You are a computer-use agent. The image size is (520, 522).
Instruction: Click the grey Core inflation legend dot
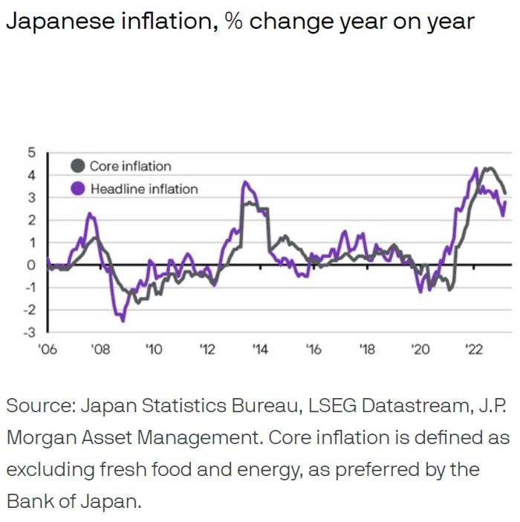(x=78, y=166)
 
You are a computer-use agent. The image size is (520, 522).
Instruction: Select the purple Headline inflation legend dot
(x=78, y=189)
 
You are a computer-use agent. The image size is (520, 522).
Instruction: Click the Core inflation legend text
(x=130, y=166)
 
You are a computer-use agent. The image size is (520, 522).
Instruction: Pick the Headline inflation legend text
(x=144, y=189)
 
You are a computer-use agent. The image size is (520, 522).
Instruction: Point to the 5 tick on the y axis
(x=31, y=153)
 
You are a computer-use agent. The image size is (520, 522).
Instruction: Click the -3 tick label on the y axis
(x=29, y=332)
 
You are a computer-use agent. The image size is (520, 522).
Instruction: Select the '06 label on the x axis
(x=47, y=350)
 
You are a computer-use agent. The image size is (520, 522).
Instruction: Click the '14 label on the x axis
(x=260, y=350)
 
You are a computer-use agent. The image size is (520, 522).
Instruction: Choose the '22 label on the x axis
(x=473, y=350)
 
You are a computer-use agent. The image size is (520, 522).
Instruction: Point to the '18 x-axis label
(x=366, y=350)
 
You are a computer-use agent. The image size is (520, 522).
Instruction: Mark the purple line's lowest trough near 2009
(x=123, y=320)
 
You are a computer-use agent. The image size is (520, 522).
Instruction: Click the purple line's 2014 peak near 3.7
(x=245, y=182)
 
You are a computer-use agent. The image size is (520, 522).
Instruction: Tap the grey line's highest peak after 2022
(x=487, y=169)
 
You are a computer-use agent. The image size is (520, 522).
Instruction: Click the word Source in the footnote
(x=38, y=406)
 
